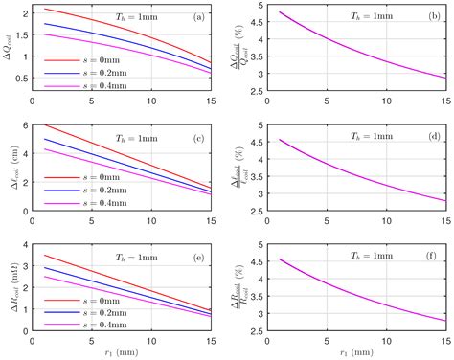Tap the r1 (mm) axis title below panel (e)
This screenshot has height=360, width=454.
(x=121, y=352)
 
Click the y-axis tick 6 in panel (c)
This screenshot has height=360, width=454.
(x=25, y=125)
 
